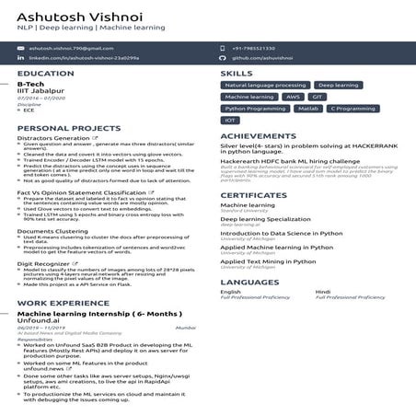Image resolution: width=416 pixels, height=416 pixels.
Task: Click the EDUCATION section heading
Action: tap(46, 74)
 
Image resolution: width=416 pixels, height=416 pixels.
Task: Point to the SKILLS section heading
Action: tap(237, 74)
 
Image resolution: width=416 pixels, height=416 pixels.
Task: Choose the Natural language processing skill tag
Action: tap(266, 85)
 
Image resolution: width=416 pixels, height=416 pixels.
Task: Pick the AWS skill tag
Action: tap(294, 97)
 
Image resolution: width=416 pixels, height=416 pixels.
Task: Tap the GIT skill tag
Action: tap(318, 97)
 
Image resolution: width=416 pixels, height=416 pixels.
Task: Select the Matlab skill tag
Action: tap(307, 109)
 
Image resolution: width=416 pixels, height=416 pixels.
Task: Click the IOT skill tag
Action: tap(231, 121)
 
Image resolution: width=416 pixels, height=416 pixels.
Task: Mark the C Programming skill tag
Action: tap(352, 109)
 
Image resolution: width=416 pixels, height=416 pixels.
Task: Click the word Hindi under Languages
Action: tap(323, 292)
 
